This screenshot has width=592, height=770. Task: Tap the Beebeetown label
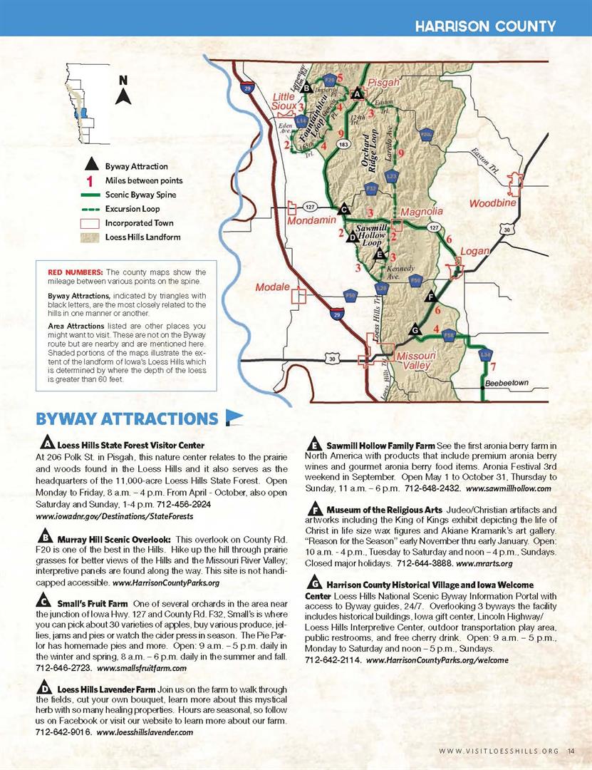(x=507, y=384)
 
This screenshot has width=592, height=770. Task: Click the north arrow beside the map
(x=123, y=91)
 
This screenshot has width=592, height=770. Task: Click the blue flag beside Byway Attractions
(x=234, y=416)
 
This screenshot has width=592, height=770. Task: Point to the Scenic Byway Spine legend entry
(x=140, y=195)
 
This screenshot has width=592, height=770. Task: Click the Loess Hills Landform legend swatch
(x=90, y=237)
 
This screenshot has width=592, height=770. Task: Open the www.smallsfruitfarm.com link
(x=141, y=668)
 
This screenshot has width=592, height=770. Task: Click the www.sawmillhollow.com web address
(x=508, y=489)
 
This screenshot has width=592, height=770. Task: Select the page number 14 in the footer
(x=571, y=749)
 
